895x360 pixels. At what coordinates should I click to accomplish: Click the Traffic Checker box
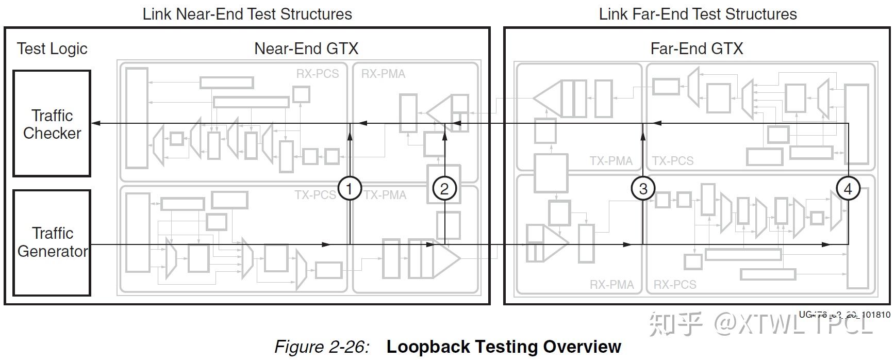(x=52, y=124)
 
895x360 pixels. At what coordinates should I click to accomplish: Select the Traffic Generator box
(x=52, y=242)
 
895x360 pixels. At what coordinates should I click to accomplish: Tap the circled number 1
(x=349, y=189)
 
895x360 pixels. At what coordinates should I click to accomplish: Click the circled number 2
(x=444, y=189)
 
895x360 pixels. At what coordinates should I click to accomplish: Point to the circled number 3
(x=643, y=189)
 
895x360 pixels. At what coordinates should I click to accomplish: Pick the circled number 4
(x=848, y=189)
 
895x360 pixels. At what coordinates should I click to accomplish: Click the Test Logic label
(x=52, y=48)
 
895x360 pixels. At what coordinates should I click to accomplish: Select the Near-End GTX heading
(x=306, y=48)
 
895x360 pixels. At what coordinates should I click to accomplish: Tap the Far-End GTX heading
(x=697, y=48)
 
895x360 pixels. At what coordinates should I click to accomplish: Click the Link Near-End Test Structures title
(x=247, y=14)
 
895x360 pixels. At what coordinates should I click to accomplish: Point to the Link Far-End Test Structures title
(x=698, y=14)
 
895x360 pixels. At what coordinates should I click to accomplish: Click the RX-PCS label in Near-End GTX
(x=318, y=74)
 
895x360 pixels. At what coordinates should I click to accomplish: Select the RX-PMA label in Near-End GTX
(x=383, y=74)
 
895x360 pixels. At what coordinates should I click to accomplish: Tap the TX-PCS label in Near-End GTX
(x=315, y=195)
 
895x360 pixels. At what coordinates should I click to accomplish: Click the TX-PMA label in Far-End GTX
(x=611, y=161)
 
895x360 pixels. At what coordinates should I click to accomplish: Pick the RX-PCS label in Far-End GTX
(x=675, y=285)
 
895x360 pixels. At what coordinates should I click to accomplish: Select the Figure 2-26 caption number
(x=322, y=347)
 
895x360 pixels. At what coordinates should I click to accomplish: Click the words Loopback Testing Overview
(x=504, y=347)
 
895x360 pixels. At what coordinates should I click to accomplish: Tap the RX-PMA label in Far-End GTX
(x=611, y=285)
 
